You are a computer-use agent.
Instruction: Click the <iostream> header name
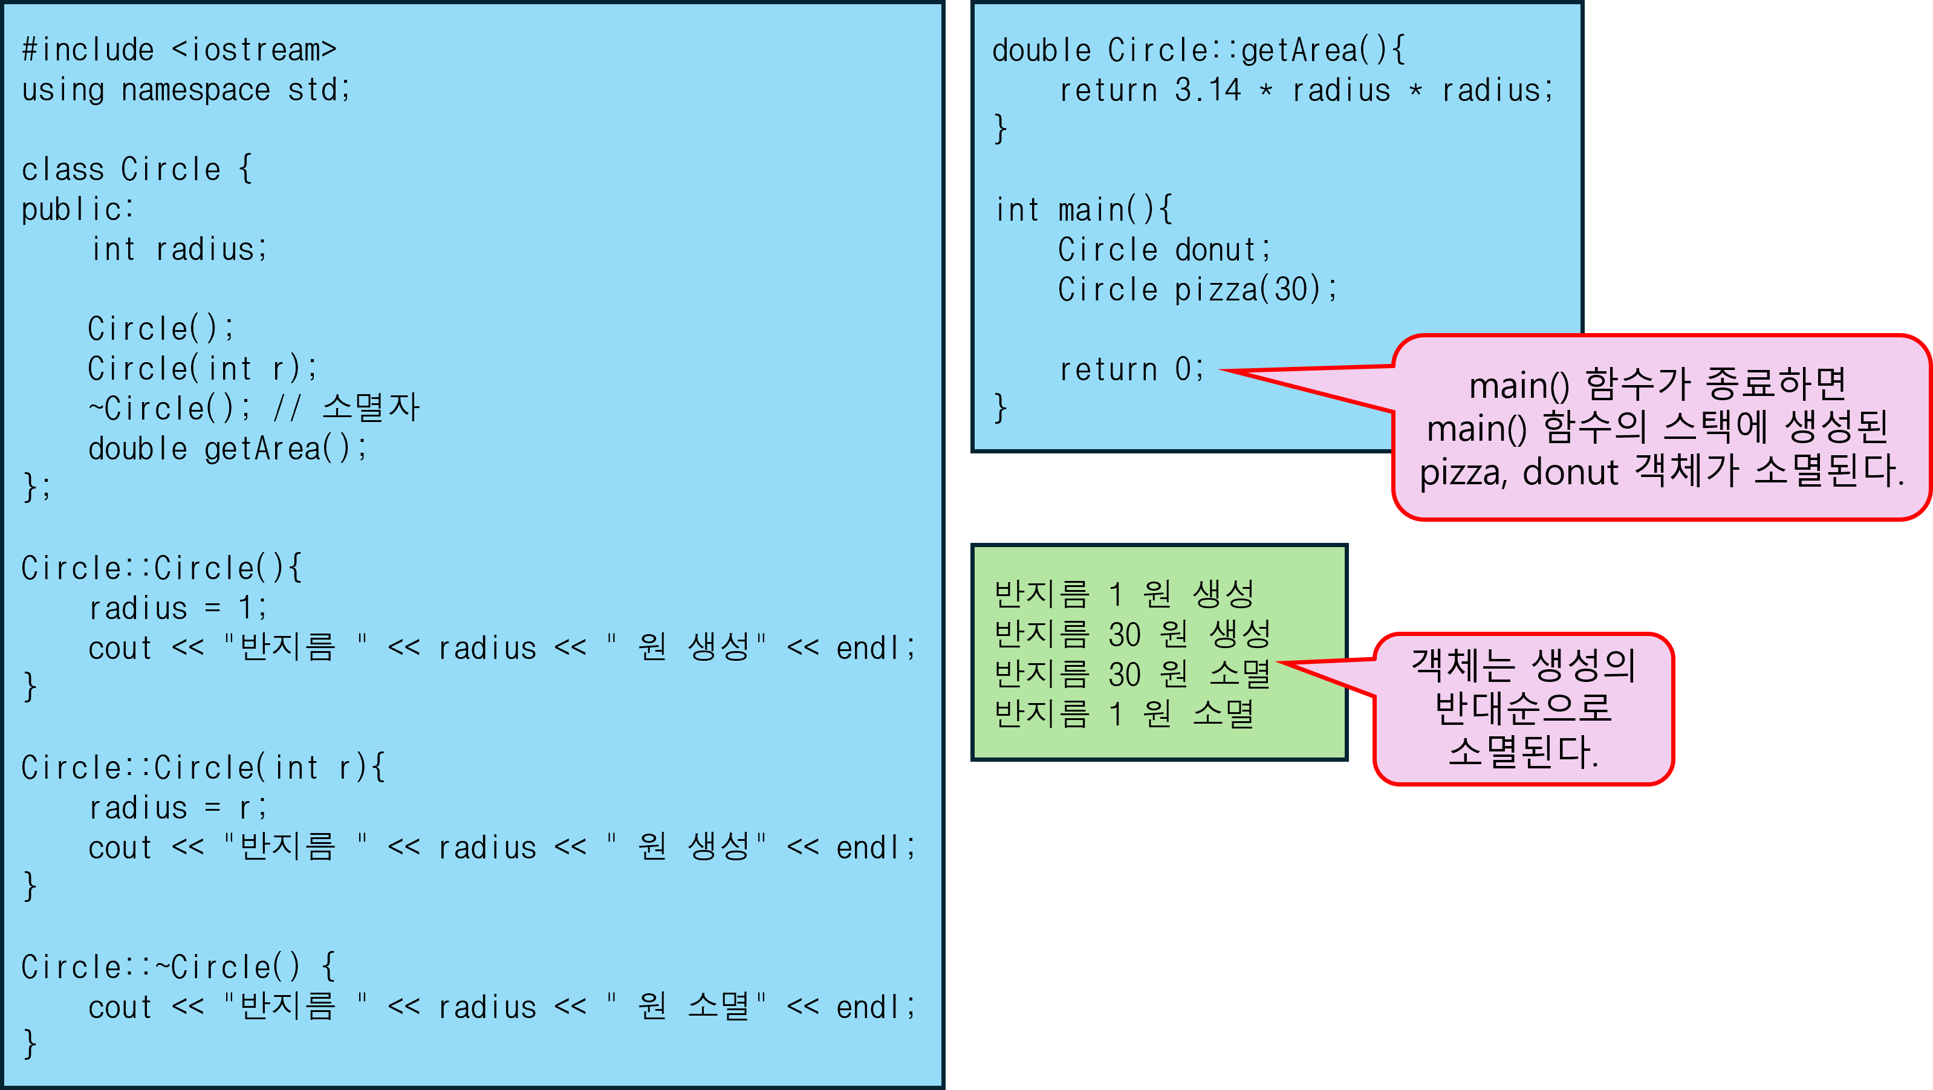253,50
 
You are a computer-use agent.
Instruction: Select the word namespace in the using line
195,90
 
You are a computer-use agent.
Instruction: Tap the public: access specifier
77,209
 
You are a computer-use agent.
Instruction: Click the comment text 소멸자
371,408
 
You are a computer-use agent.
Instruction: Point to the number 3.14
1207,91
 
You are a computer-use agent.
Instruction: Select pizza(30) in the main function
1247,290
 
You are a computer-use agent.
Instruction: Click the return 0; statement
1131,369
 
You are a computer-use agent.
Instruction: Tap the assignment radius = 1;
177,608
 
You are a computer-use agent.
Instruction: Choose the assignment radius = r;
177,808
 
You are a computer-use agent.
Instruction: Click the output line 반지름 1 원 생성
1123,594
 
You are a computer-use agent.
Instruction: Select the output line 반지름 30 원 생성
1132,634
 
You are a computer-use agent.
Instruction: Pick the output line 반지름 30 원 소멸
1132,673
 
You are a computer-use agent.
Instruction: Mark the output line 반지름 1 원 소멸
1123,713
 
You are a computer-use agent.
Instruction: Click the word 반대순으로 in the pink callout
1522,707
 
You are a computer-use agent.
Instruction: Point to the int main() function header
1083,210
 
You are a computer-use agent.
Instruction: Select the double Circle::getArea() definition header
1198,51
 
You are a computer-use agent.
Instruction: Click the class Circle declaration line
136,169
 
